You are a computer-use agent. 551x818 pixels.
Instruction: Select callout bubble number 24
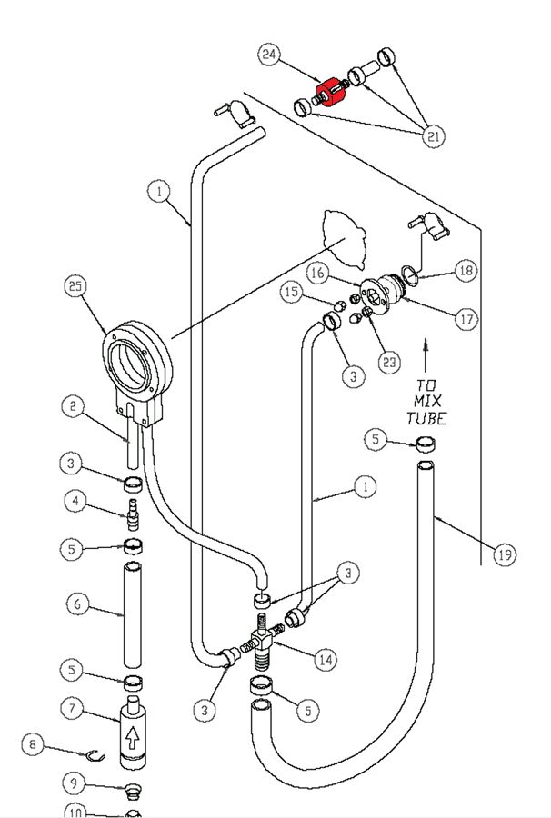coord(269,55)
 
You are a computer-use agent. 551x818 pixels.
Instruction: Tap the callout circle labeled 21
coord(433,136)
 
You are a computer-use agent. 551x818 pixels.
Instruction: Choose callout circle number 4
coord(75,501)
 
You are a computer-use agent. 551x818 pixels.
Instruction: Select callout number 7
coord(75,706)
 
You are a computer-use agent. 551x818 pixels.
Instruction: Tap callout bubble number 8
coord(33,744)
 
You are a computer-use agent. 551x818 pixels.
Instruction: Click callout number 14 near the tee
coord(324,661)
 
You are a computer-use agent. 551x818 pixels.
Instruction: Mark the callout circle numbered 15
coord(291,293)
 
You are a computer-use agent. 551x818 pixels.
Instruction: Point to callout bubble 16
coord(316,272)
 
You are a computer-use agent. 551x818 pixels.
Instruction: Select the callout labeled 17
coord(466,320)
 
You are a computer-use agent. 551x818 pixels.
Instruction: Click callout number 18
coord(466,270)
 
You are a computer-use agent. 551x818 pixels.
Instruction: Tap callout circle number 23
coord(389,363)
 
